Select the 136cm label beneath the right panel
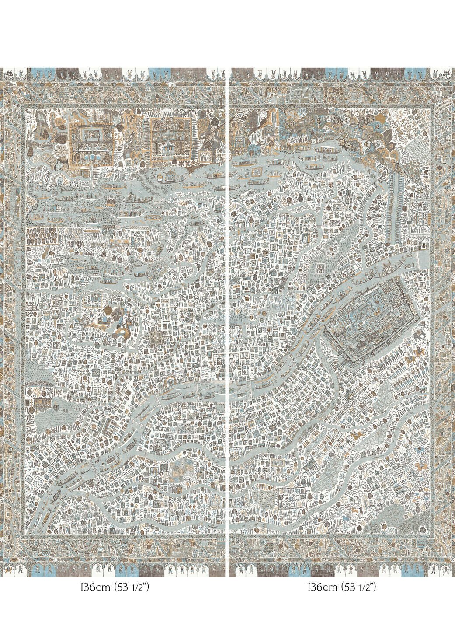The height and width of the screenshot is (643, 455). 321,587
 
